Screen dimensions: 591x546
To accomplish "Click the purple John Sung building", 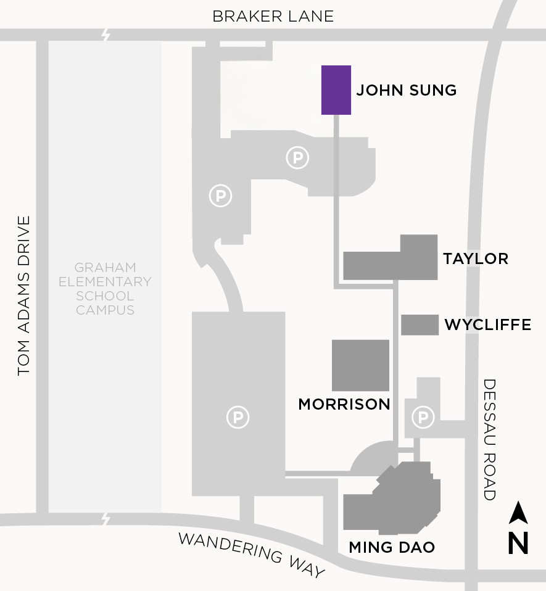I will point(336,90).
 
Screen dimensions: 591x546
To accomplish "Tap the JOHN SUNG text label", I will point(407,91).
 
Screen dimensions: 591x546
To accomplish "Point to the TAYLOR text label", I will point(476,258).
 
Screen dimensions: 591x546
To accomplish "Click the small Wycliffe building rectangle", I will point(420,324).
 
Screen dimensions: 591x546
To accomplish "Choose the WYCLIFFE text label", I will point(488,324).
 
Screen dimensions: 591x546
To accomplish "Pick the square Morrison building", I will point(361,365).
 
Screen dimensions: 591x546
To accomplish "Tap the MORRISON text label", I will point(344,404).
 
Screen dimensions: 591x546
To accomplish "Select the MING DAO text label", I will point(392,547).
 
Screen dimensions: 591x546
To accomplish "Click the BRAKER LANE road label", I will point(273,16).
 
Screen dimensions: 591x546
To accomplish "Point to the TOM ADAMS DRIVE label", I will point(24,296).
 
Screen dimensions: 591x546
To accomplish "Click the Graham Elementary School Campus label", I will point(105,289).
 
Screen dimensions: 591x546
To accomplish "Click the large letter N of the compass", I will point(519,543).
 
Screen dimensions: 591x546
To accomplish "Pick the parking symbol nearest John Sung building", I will point(297,159).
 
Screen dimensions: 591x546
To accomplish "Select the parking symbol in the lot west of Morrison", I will point(238,418).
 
